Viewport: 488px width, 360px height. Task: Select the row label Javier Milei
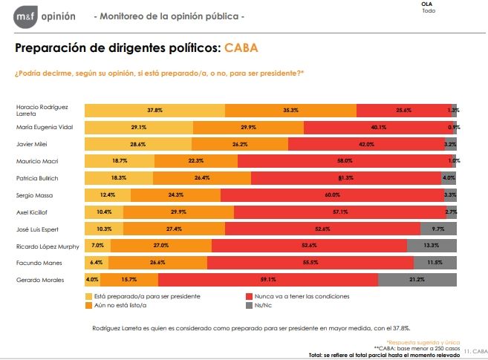point(32,144)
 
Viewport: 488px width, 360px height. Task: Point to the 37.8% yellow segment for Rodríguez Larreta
point(154,110)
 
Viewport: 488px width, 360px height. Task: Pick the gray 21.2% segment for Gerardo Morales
point(417,280)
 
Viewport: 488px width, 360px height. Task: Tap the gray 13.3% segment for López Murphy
point(432,246)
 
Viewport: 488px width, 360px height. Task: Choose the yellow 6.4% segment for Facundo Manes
point(97,263)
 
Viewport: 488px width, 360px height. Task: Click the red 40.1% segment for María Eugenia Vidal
point(379,127)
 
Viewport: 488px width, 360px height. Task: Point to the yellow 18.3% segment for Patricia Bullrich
point(119,178)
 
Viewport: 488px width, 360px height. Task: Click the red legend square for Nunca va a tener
point(249,296)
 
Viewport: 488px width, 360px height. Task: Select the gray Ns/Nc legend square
point(249,304)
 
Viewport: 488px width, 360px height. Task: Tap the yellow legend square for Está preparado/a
point(89,296)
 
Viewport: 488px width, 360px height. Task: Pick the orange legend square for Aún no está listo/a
point(89,304)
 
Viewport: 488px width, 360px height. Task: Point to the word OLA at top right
point(426,4)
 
